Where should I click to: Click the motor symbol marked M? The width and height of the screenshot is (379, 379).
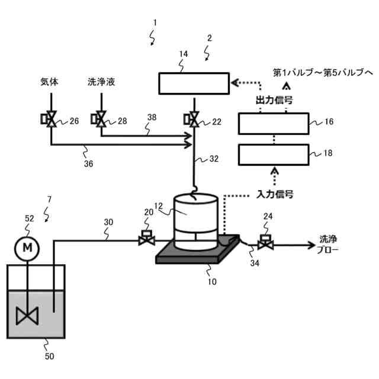pos(28,248)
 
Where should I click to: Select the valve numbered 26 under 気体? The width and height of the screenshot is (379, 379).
pos(51,120)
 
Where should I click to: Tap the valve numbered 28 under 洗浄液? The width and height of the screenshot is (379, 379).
pos(100,120)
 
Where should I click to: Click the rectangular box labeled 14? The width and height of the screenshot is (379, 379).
pos(194,83)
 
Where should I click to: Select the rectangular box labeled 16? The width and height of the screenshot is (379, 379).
pos(273,124)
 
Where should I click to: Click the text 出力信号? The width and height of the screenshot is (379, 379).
pos(275,100)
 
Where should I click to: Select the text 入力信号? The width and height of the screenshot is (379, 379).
pos(275,194)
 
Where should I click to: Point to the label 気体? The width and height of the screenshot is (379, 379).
pos(50,82)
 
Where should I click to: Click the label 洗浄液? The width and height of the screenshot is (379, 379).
pos(101,82)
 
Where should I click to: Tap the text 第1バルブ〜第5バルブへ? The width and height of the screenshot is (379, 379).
pos(323,72)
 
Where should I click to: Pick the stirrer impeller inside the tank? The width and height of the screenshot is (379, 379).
pos(28,315)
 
